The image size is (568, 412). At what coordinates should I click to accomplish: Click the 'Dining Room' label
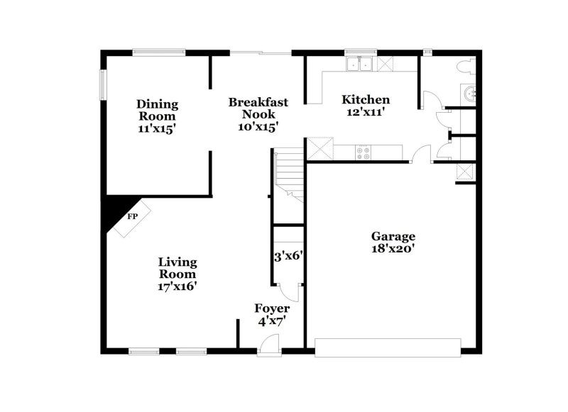157,111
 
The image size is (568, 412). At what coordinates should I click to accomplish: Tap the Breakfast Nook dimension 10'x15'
258,127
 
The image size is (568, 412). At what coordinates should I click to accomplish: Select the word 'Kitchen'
365,99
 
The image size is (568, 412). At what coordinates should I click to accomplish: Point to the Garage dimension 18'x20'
393,248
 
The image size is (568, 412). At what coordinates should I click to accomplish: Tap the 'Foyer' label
272,308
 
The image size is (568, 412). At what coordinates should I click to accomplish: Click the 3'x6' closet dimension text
288,256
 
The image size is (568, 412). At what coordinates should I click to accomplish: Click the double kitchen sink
361,65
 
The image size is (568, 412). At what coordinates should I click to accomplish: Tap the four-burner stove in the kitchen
363,151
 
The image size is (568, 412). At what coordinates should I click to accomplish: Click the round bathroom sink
468,93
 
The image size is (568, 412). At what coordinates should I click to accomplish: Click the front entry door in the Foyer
269,345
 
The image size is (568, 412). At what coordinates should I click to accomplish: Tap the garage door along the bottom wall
388,347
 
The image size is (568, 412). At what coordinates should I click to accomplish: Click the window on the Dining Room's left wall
103,84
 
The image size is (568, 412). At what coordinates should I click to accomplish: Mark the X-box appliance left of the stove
319,150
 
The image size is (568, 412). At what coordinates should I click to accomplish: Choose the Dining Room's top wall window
159,51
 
